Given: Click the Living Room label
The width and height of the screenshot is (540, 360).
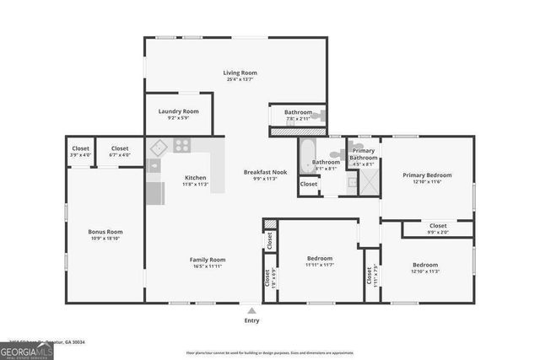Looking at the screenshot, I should pyautogui.click(x=240, y=73).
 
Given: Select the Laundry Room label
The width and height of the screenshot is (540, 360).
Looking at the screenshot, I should pyautogui.click(x=178, y=112).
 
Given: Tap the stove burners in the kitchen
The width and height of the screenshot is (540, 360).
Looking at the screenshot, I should pyautogui.click(x=181, y=146).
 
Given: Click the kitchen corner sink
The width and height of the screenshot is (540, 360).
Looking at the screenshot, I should pyautogui.click(x=156, y=147).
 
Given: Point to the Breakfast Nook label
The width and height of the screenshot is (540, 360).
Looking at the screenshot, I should pyautogui.click(x=265, y=172).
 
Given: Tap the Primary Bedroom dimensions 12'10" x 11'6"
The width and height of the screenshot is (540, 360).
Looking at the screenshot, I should pyautogui.click(x=427, y=182).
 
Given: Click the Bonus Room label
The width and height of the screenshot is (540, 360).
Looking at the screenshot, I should pyautogui.click(x=105, y=232).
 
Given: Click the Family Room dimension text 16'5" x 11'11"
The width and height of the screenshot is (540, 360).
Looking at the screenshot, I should pyautogui.click(x=207, y=266).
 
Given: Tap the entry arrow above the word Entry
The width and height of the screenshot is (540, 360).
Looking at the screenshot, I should pyautogui.click(x=251, y=309).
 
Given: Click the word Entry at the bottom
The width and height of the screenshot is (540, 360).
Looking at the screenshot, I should pyautogui.click(x=251, y=320).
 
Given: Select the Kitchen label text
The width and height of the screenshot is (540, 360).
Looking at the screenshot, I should pyautogui.click(x=196, y=178).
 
